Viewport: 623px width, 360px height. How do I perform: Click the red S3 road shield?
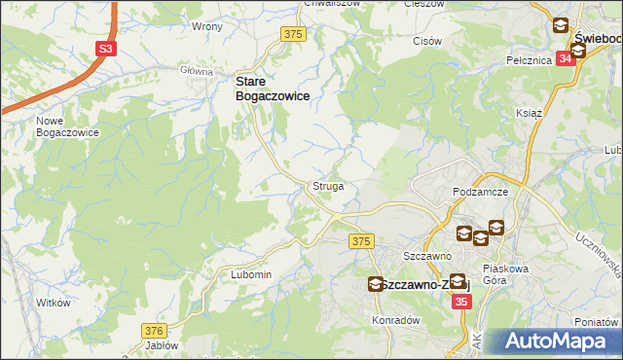point(104,49)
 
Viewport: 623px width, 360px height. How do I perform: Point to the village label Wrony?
point(206,26)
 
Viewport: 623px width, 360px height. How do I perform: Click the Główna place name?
point(197,71)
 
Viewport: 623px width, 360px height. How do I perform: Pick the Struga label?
point(327,185)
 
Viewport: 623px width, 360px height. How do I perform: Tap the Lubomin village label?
point(251,274)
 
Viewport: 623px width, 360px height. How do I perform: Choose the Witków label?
point(55,303)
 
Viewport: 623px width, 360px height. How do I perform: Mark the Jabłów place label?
point(162,345)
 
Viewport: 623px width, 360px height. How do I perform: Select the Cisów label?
point(427,42)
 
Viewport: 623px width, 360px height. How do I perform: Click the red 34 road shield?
point(564,56)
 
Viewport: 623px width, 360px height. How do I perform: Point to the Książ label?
point(529,113)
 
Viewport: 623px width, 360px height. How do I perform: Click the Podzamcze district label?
point(481,193)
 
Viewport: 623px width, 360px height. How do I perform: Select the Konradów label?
point(395,319)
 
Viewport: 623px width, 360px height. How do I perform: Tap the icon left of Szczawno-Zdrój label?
point(376,284)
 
